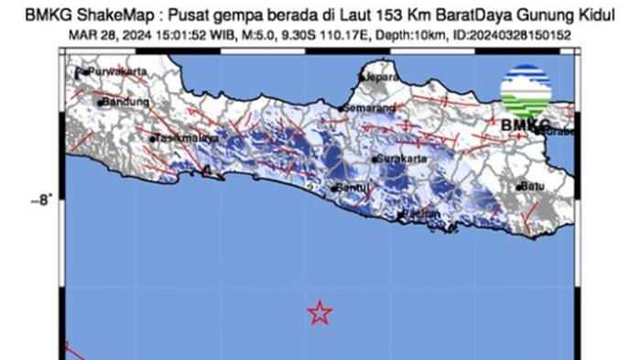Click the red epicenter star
319,312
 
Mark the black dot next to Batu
519,187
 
